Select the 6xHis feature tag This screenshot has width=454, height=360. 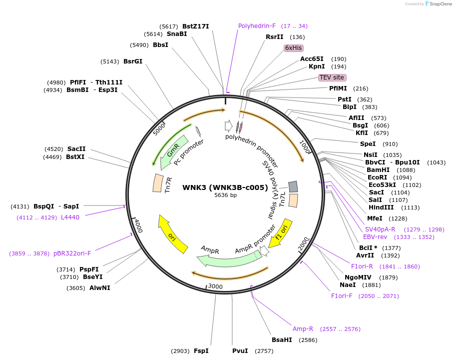coord(293,48)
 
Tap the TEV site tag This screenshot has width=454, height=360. coord(332,77)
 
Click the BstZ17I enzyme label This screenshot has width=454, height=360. coord(195,26)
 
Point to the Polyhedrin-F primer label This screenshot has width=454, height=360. coord(257,26)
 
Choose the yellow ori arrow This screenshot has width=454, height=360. coord(172,233)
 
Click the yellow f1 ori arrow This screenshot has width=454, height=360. coord(280,232)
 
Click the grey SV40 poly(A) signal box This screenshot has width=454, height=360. coord(293,186)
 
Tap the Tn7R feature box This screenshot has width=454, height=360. coord(158,182)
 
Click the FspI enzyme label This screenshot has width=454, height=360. coord(201,350)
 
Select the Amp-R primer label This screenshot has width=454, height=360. coord(303,329)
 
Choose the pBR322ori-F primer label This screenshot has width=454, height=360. coord(72,253)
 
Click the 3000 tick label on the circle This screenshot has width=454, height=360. coord(215,286)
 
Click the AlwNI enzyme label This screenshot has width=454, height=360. coord(99,287)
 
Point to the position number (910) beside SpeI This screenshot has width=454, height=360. coord(390,144)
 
